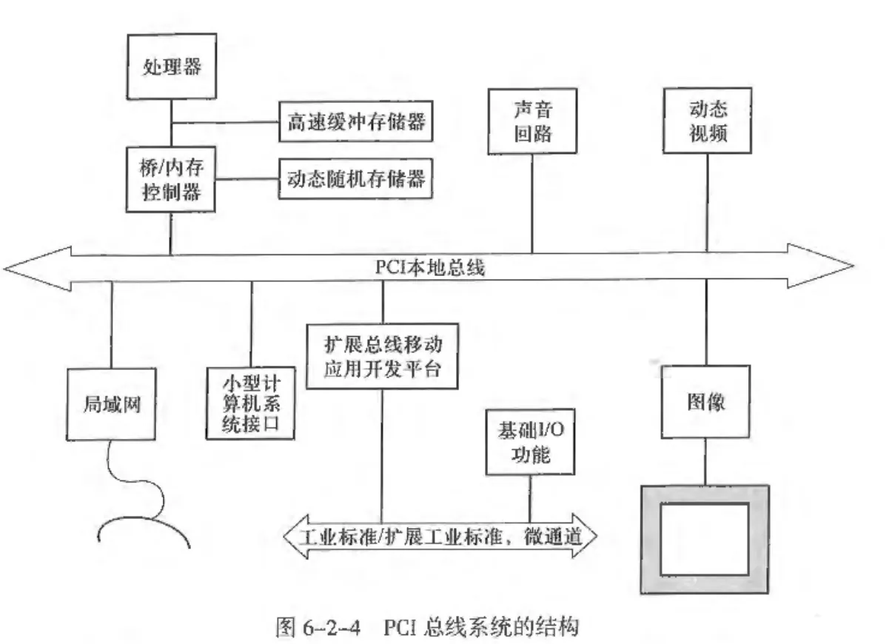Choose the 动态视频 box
pyautogui.click(x=706, y=121)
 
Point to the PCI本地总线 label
pyautogui.click(x=429, y=267)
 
